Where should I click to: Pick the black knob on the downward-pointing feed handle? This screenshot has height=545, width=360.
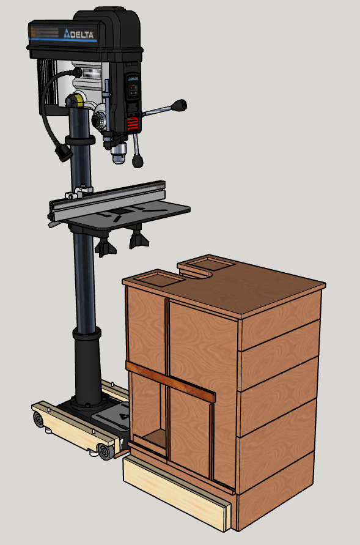(x=139, y=160)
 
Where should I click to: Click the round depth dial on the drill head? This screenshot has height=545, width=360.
(x=100, y=121)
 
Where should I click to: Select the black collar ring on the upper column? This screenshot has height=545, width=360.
(x=81, y=141)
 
